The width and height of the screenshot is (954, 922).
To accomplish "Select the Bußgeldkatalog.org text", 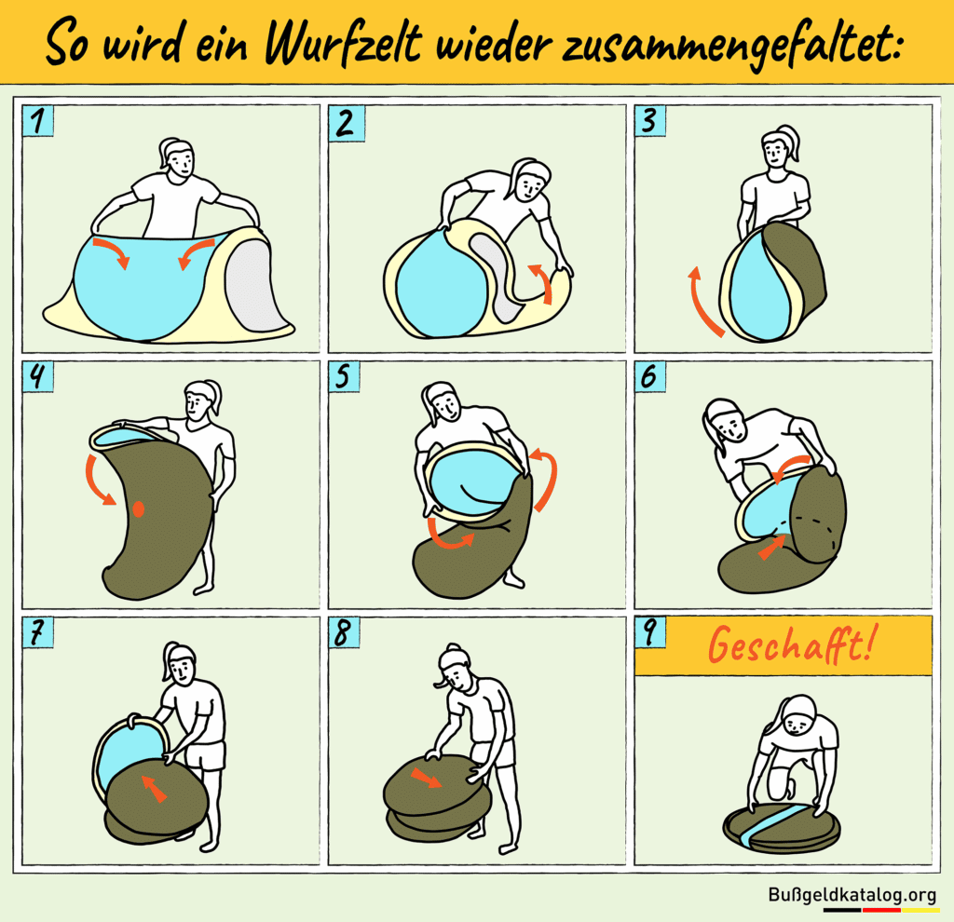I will (x=852, y=895).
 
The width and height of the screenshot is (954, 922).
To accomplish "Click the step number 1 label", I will (x=38, y=122).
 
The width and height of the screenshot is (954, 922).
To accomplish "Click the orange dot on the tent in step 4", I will (x=138, y=508).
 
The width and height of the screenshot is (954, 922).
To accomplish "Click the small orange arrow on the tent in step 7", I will (x=155, y=790).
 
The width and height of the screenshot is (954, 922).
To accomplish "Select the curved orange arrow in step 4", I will (x=97, y=479).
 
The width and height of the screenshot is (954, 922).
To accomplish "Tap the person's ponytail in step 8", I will (x=441, y=681).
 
